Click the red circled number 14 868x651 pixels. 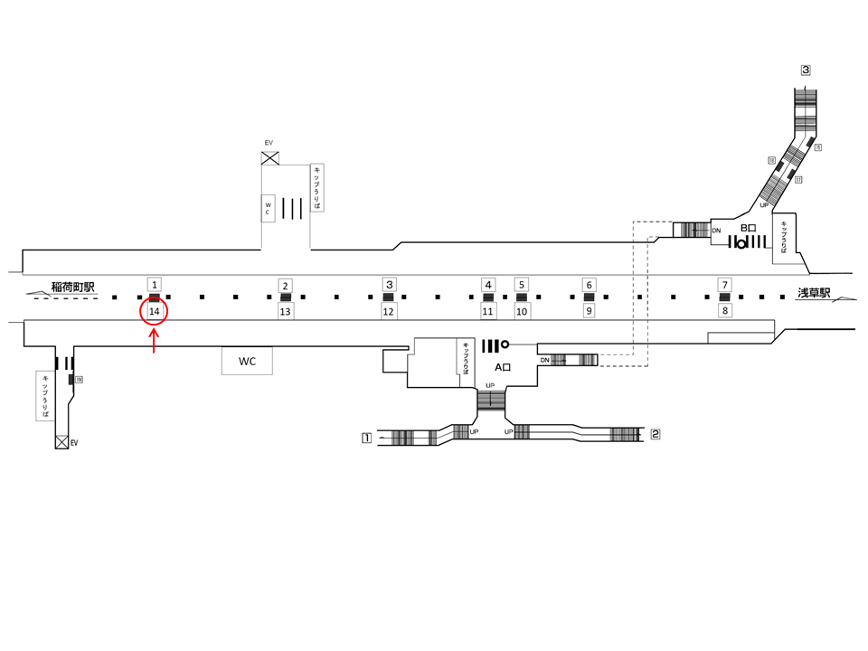155,311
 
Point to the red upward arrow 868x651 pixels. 155,341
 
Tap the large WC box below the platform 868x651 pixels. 247,362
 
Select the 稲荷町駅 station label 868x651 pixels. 73,287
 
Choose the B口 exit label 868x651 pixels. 748,229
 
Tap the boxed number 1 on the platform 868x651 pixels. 155,284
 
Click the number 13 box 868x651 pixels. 285,312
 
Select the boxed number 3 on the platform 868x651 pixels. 389,284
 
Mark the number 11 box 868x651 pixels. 488,312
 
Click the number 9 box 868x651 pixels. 589,311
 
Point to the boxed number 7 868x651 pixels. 723,285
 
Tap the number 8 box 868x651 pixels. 723,310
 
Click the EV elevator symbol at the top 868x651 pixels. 269,158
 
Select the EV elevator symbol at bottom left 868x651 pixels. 61,442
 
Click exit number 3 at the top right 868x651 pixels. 805,70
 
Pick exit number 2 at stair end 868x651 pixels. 656,434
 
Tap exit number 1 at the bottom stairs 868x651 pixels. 366,439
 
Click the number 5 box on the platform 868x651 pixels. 522,284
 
